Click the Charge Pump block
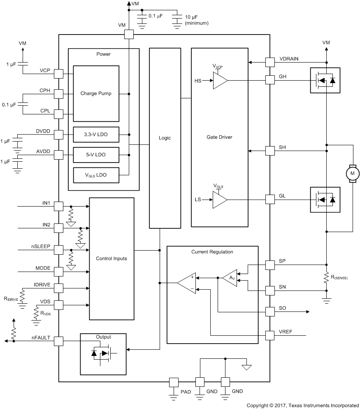tap(96, 93)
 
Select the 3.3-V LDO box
tap(96, 134)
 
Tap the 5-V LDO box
tap(96, 155)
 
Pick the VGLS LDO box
tap(96, 175)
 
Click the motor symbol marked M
tap(352, 174)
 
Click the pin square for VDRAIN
tap(270, 62)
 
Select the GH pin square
tap(270, 80)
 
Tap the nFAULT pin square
tap(58, 341)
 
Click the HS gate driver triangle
tap(220, 80)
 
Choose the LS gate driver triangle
tap(220, 200)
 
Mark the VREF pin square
tap(270, 335)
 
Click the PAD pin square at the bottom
tap(174, 382)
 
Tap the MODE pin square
tap(58, 272)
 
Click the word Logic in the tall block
tap(165, 138)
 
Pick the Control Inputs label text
tap(111, 258)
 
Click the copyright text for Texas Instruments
tap(302, 405)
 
